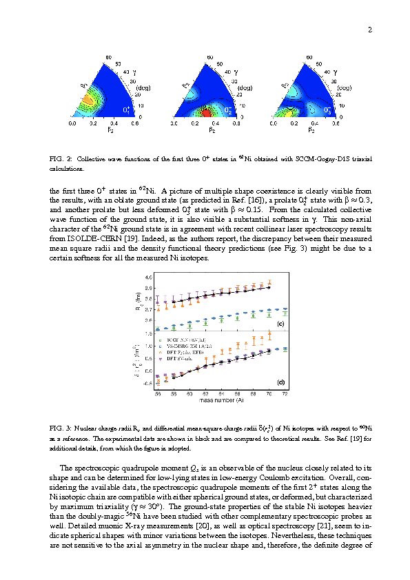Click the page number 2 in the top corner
[x=369, y=30]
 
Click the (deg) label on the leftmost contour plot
[x=143, y=88]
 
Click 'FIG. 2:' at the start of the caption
[x=60, y=158]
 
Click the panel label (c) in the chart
[x=280, y=323]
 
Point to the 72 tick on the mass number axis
[x=286, y=393]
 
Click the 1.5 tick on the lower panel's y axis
[x=148, y=333]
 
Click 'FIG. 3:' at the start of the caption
[x=60, y=428]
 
